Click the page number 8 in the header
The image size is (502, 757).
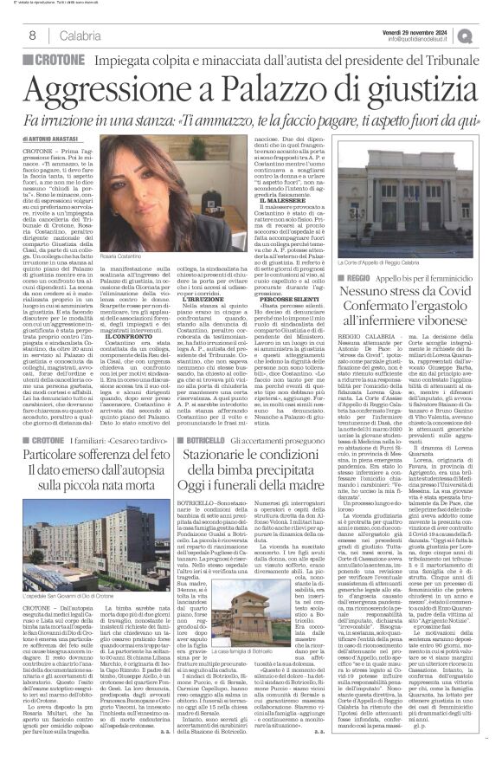(32, 36)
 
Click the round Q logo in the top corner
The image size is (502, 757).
(491, 35)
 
